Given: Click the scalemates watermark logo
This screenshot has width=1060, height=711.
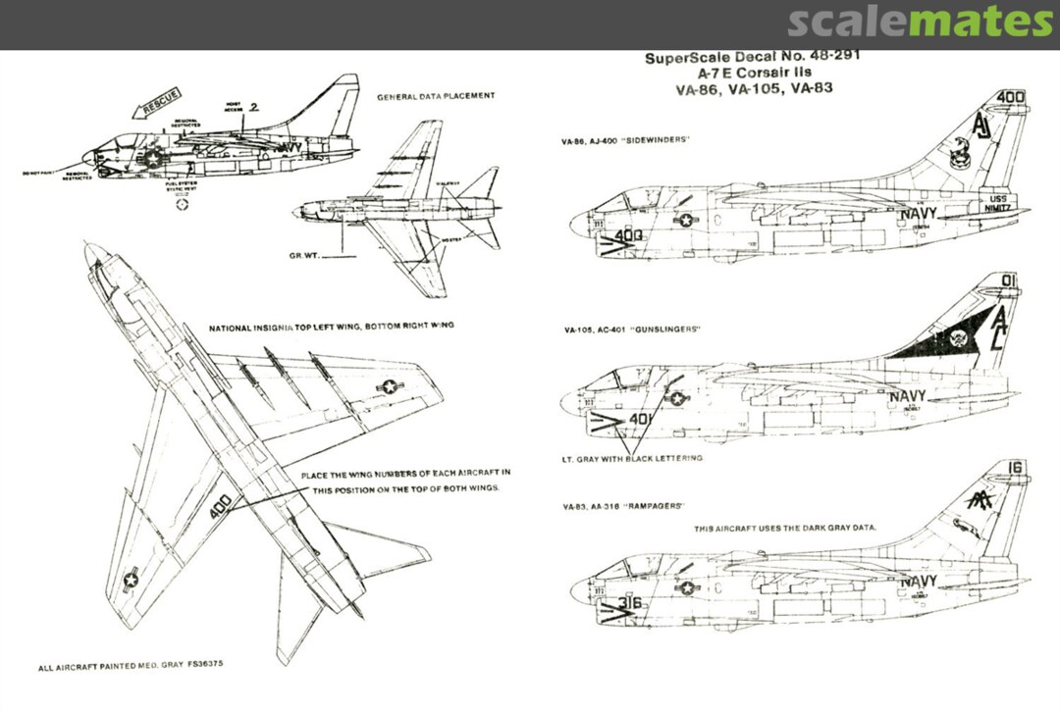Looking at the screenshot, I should pyautogui.click(x=920, y=22).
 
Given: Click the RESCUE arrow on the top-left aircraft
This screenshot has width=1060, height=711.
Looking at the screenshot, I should pyautogui.click(x=159, y=101).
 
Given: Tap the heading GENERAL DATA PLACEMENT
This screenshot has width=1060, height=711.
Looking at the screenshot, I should pyautogui.click(x=436, y=96).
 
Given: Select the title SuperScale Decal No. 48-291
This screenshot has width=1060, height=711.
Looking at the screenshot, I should pyautogui.click(x=752, y=57).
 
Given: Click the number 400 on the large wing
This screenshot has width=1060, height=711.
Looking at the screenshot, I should pyautogui.click(x=221, y=507).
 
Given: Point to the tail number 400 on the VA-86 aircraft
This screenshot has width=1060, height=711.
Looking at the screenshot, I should pyautogui.click(x=1010, y=97).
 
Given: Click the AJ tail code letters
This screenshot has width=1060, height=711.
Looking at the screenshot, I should pyautogui.click(x=982, y=127).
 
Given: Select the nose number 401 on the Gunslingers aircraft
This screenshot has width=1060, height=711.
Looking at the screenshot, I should pyautogui.click(x=640, y=419).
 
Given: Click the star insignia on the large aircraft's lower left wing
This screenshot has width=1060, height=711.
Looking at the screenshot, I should pyautogui.click(x=131, y=581).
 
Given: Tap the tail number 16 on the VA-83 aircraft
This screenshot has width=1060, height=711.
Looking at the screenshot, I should pyautogui.click(x=1014, y=468).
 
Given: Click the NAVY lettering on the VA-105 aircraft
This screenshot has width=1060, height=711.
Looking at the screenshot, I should pyautogui.click(x=908, y=396).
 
